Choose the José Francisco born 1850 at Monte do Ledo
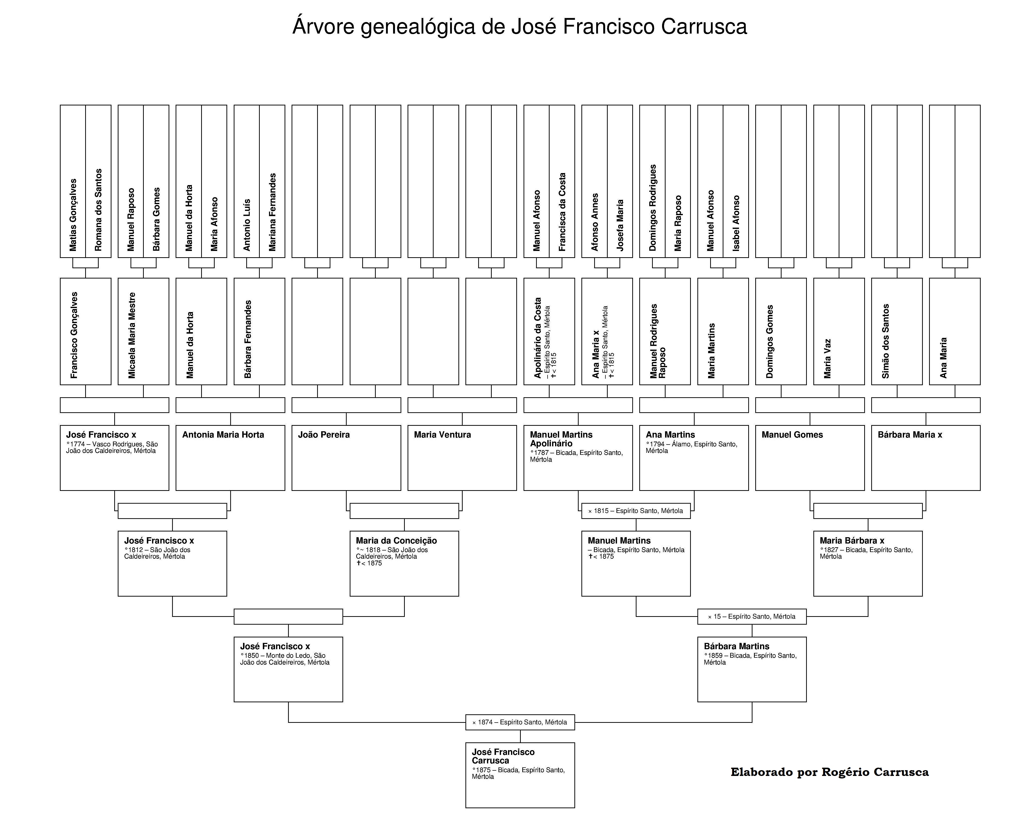click(x=288, y=669)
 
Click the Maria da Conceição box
click(x=404, y=563)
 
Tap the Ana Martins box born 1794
click(x=694, y=458)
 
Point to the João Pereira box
click(x=346, y=458)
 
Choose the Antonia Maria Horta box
click(x=230, y=458)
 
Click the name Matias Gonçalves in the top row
click(x=73, y=215)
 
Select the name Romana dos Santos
click(x=98, y=210)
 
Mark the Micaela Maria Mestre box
click(x=143, y=331)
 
